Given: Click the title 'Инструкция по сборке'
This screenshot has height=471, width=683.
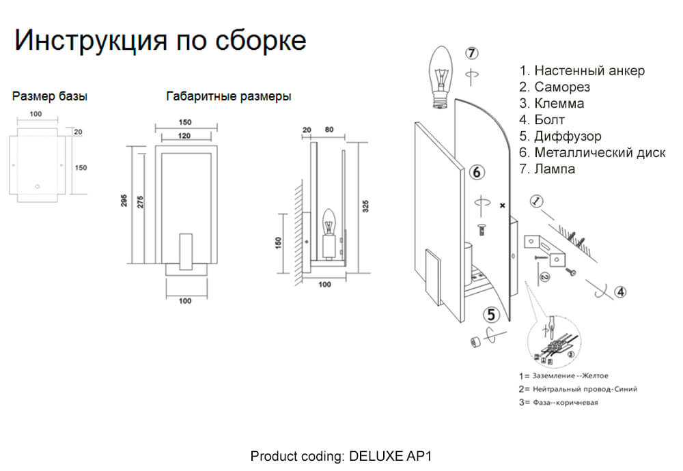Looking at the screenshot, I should [160, 40].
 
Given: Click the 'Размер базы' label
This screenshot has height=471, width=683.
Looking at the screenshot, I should [50, 96].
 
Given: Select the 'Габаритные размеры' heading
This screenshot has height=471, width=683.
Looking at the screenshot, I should [229, 96].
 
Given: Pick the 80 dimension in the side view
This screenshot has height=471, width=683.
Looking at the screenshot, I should [329, 129].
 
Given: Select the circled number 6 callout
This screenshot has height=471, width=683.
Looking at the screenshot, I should [478, 172].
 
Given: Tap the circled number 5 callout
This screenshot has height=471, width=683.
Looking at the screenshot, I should [492, 315].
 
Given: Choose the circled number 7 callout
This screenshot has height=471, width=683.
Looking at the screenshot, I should [473, 53].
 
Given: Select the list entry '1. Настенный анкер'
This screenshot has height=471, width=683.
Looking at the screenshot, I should [582, 71].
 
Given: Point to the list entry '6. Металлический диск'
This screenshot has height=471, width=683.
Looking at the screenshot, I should [592, 153].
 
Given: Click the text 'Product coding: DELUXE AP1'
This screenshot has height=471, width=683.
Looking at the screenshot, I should [341, 455].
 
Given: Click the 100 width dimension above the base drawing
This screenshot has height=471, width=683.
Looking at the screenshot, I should [36, 113].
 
